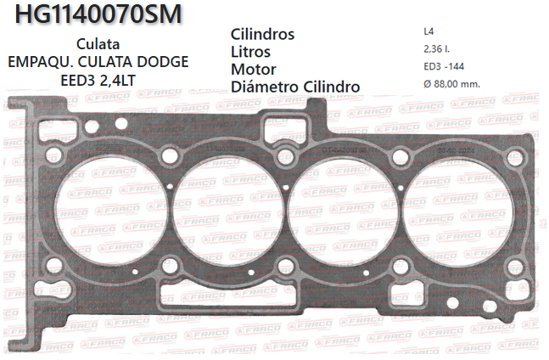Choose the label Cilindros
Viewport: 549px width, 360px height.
(262, 35)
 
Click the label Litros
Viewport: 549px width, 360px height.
(251, 52)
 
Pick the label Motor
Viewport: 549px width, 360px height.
(253, 69)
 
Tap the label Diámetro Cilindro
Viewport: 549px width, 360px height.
(295, 87)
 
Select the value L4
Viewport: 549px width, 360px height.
(429, 32)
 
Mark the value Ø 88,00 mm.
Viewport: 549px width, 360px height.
(451, 83)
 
